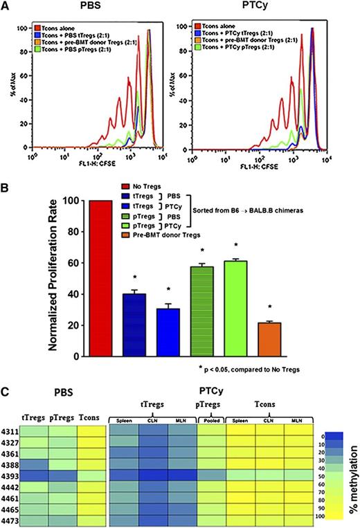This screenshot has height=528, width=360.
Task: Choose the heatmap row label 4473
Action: [x=10, y=518]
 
